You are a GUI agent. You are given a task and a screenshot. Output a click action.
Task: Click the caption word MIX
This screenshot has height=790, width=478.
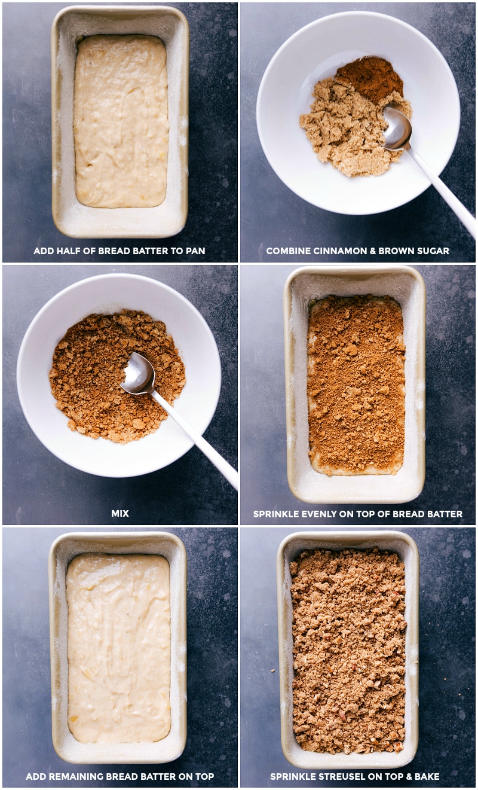[119, 514]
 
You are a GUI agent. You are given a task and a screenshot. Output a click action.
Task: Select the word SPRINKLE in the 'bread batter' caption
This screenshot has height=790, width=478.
[277, 514]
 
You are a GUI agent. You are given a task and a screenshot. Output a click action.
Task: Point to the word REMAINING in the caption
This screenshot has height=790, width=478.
[78, 777]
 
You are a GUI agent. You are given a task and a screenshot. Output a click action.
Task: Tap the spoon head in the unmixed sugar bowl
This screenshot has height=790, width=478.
[397, 128]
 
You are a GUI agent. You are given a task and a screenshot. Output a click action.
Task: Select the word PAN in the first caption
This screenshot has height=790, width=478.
[194, 251]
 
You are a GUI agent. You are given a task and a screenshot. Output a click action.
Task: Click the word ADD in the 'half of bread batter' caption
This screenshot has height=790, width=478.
[43, 251]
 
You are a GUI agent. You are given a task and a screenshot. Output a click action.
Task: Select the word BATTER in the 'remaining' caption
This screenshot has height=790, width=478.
[157, 777]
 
